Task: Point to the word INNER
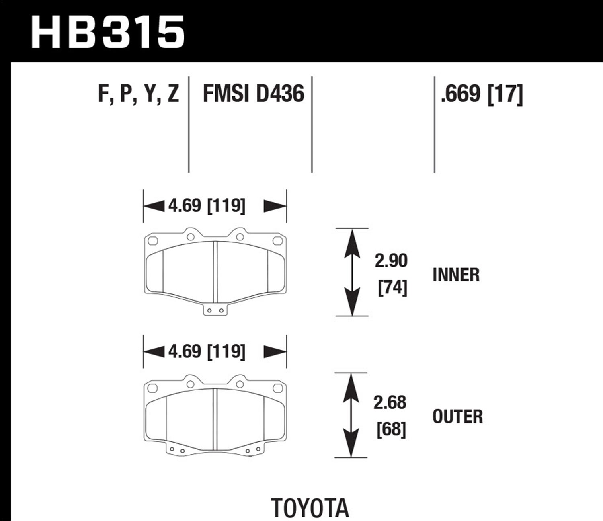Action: [456, 275]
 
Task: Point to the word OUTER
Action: [457, 417]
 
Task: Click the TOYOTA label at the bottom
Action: [310, 508]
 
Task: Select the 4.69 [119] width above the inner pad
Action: [207, 206]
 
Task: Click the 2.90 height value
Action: [391, 261]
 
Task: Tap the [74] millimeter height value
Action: [392, 288]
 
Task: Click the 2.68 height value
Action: [390, 403]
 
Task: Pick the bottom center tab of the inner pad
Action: [215, 310]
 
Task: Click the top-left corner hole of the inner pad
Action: [152, 241]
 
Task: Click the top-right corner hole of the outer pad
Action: [277, 388]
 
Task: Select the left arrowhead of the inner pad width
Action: [153, 206]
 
